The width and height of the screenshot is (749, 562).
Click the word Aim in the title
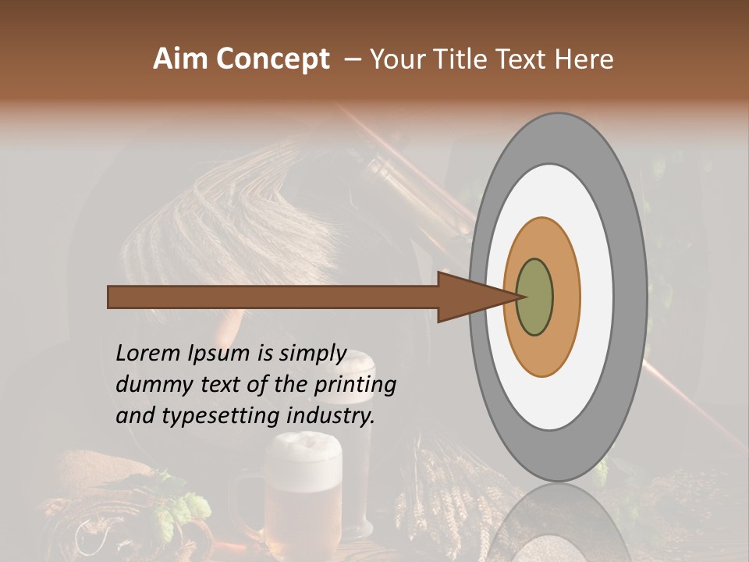click(x=182, y=59)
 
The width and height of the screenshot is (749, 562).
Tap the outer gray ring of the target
click(x=630, y=297)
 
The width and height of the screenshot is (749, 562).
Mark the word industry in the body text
click(x=331, y=416)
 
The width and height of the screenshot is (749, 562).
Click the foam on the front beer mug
click(x=300, y=451)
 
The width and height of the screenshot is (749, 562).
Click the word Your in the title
click(x=399, y=59)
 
